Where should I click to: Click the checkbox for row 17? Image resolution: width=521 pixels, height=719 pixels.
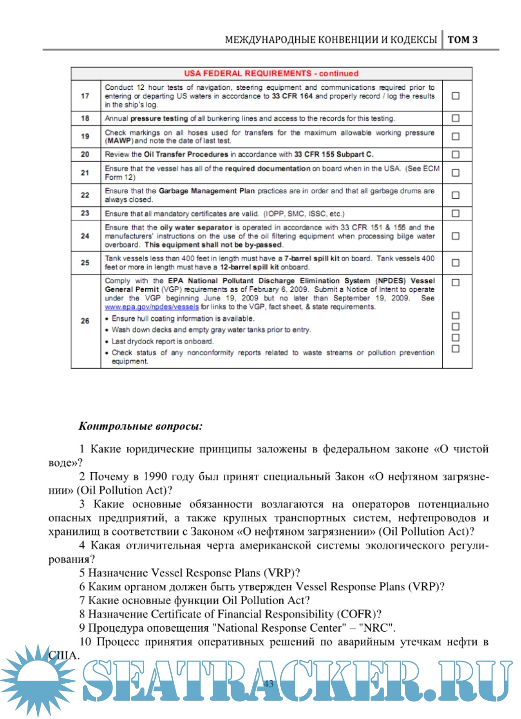(455, 96)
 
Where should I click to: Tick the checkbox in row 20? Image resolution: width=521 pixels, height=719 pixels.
(455, 155)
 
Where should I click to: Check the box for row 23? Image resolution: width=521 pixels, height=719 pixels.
(455, 213)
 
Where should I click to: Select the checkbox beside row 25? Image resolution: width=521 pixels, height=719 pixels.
(455, 263)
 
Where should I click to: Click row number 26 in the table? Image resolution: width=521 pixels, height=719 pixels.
(85, 321)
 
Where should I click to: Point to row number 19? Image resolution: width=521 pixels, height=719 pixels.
(85, 136)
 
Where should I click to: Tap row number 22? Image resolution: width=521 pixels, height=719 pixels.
(85, 195)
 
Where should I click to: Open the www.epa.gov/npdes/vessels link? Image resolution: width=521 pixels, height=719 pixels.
(151, 307)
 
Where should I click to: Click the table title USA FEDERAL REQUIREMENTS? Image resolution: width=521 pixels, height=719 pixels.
(271, 73)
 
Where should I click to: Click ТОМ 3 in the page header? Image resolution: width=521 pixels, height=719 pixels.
(463, 40)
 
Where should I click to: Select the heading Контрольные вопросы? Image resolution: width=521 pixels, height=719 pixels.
(140, 426)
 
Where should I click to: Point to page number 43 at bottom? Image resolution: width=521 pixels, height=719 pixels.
(269, 683)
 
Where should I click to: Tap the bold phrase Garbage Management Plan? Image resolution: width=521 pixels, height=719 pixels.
(206, 191)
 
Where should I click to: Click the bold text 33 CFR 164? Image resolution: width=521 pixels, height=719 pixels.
(292, 96)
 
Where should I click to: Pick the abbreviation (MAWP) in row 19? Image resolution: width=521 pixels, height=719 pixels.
(119, 141)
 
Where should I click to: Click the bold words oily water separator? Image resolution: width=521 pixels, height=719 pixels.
(196, 227)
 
